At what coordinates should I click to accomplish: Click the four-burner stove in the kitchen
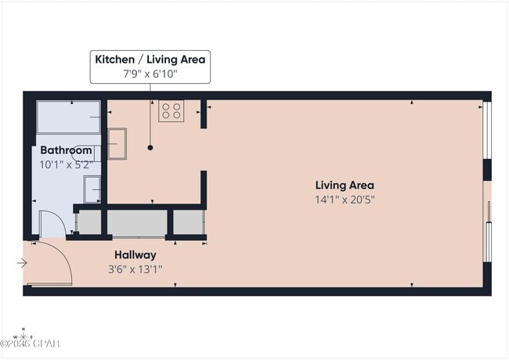[171, 111]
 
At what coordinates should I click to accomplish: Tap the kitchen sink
[117, 143]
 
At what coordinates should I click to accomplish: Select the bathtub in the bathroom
[69, 117]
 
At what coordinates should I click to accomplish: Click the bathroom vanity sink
[92, 189]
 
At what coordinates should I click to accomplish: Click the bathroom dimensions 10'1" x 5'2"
[66, 164]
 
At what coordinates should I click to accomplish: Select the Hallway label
[135, 255]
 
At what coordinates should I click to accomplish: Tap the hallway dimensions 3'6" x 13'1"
[135, 269]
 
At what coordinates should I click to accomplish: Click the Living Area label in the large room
[345, 185]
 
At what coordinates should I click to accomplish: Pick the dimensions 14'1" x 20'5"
[345, 200]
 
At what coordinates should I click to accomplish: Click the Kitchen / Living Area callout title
[150, 59]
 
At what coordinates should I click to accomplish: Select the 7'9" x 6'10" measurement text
[150, 74]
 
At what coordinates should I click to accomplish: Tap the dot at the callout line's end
[150, 147]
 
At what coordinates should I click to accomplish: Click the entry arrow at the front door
[22, 263]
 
